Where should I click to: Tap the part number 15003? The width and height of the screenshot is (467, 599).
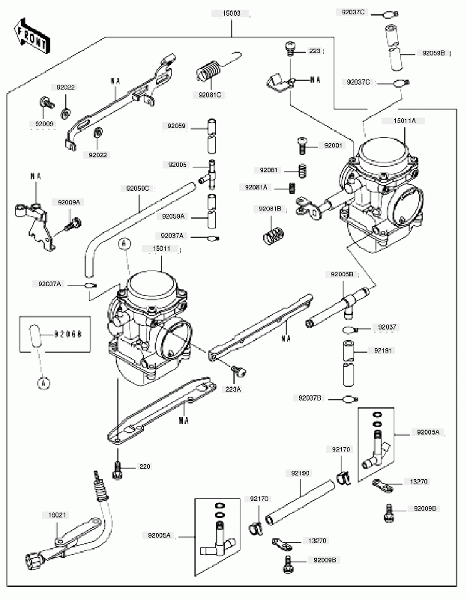(232, 13)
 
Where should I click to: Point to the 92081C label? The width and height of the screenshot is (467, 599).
(211, 95)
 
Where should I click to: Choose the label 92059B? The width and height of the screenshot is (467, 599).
(433, 53)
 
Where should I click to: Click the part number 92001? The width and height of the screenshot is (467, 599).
(333, 145)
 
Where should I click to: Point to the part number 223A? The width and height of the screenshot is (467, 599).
(232, 389)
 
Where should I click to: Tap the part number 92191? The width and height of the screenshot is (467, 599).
(384, 350)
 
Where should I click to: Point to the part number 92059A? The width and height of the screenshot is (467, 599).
(173, 216)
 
